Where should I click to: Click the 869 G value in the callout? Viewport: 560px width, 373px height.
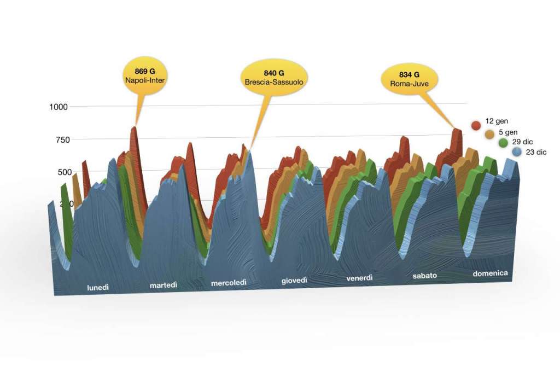[x=144, y=71]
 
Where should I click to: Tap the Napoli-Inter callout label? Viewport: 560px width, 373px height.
[x=144, y=80]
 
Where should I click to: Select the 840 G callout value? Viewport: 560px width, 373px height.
[x=274, y=73]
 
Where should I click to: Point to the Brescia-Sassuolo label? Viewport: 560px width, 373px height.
[x=274, y=82]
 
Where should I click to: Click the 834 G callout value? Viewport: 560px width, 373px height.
[x=409, y=74]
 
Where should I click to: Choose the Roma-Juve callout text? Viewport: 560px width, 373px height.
[x=409, y=84]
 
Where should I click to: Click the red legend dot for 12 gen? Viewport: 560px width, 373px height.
[x=476, y=124]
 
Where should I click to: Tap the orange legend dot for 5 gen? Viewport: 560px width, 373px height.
[x=489, y=133]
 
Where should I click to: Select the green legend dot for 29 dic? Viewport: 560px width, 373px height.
[x=503, y=143]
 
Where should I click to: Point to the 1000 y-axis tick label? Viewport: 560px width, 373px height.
[x=58, y=107]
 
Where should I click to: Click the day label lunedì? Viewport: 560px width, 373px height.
[x=98, y=287]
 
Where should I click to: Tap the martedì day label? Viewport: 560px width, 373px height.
[x=164, y=285]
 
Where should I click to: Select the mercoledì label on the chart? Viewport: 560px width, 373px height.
[x=229, y=283]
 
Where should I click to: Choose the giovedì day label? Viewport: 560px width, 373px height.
[x=294, y=281]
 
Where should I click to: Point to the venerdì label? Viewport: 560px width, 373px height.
[x=359, y=278]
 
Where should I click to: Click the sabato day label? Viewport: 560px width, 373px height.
[x=425, y=276]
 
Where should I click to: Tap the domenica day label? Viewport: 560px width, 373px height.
[x=490, y=273]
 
